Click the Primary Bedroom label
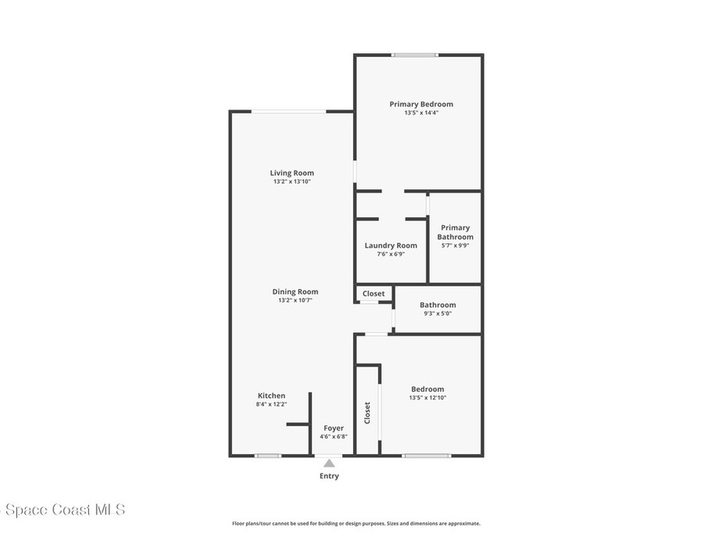(421, 104)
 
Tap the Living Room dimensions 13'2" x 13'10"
(292, 182)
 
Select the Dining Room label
(295, 292)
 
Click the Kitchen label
(271, 396)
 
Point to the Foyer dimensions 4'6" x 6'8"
(334, 437)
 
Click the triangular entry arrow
(329, 462)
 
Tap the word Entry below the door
(329, 476)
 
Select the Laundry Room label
(391, 245)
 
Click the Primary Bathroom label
(455, 232)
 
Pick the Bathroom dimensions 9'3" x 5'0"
(437, 314)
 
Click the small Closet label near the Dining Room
(373, 293)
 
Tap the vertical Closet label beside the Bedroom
(367, 412)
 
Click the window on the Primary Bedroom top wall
(414, 55)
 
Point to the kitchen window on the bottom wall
(268, 455)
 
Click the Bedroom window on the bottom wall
(426, 455)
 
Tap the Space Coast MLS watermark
(63, 510)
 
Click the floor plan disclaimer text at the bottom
(356, 524)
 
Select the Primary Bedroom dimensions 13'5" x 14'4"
(421, 113)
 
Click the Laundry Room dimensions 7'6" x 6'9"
(391, 254)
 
